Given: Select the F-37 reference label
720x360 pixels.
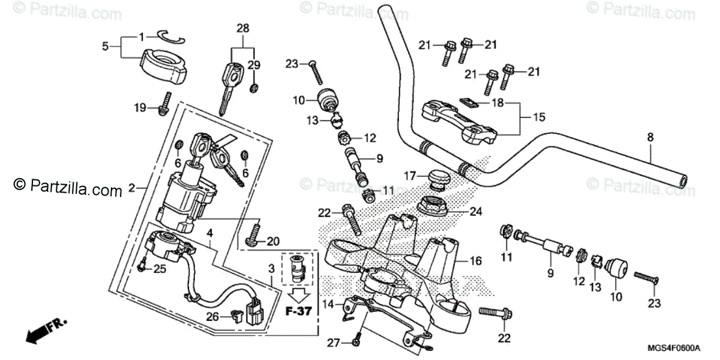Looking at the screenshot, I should coord(298,313).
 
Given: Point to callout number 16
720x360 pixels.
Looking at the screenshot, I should coord(476,261).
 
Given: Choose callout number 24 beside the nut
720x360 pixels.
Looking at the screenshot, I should coord(476,211).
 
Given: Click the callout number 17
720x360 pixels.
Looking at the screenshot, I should coord(410,176).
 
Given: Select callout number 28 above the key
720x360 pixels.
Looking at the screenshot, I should coord(243,28).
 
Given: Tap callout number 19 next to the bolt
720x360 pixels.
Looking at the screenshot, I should coord(140,108).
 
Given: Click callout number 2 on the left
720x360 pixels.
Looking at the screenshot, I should coord(131,188).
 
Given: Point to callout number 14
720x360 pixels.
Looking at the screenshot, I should coord(327,304).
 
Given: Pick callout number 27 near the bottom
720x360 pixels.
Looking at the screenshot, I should coord(334,343).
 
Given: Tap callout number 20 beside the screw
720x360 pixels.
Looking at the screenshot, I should coord(273,242).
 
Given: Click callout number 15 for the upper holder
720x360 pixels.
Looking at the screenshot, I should coord(539,118).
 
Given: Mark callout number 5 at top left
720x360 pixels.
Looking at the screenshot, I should coord(105,46).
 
